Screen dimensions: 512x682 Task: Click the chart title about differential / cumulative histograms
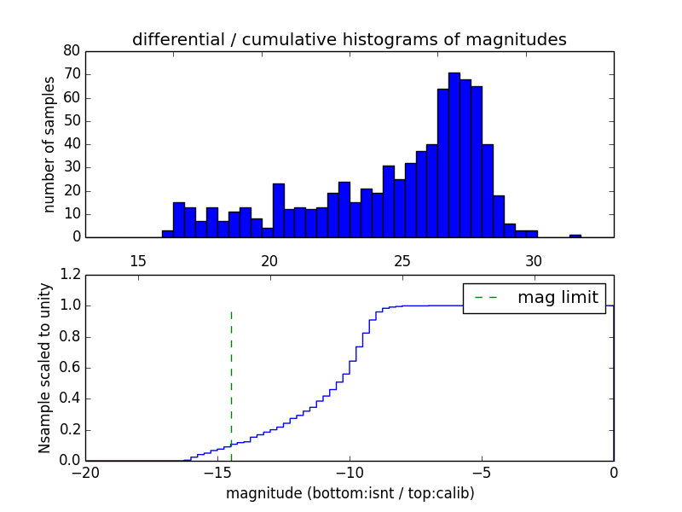pos(349,39)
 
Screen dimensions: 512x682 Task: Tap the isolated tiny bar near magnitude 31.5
pos(575,236)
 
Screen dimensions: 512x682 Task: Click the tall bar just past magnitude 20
pos(279,210)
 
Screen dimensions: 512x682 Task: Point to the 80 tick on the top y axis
pos(72,51)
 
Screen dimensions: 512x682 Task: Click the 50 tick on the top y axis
pos(72,121)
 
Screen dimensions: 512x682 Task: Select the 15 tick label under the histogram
pos(138,260)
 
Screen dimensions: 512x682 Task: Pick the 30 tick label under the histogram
pos(534,260)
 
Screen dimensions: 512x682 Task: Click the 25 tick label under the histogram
pos(402,260)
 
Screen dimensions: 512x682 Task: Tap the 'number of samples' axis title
pos(49,144)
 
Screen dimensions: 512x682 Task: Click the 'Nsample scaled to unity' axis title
pos(45,368)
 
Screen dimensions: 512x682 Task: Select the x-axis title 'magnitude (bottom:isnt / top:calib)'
pos(350,493)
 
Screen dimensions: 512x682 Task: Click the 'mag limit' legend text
pos(558,298)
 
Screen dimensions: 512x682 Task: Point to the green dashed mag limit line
pos(231,375)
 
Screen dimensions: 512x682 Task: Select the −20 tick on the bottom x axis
pos(85,472)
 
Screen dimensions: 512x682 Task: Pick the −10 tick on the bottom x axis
pos(350,472)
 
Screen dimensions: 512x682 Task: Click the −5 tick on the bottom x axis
pos(482,472)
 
